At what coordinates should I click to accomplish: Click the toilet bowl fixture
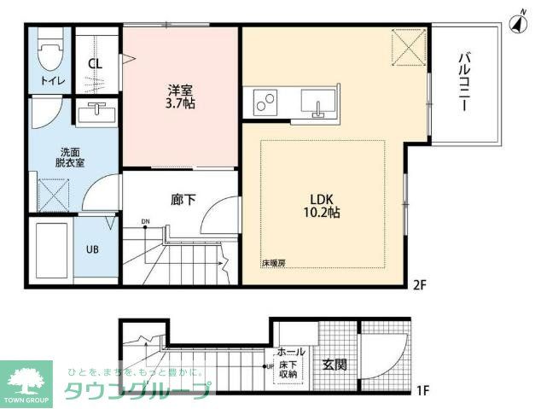click(50, 54)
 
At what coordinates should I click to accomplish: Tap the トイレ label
click(49, 81)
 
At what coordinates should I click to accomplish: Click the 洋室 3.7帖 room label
click(179, 96)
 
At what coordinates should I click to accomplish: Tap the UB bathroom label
click(90, 250)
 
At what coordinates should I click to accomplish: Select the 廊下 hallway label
click(183, 201)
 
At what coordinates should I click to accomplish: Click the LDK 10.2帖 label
click(320, 206)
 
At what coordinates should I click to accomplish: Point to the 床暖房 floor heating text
click(273, 263)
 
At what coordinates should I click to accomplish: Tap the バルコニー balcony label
click(465, 83)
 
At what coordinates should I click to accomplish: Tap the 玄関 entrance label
click(334, 365)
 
